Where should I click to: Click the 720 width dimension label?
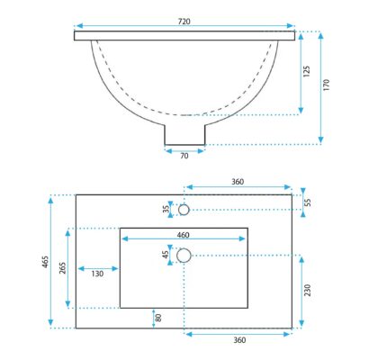pyautogui.click(x=184, y=22)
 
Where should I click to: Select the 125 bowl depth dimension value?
pyautogui.click(x=307, y=72)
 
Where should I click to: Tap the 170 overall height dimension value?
pyautogui.click(x=327, y=85)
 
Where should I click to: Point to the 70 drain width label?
pyautogui.click(x=184, y=156)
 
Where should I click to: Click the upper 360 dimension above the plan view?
pyautogui.click(x=238, y=182)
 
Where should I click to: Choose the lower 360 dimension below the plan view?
pyautogui.click(x=239, y=340)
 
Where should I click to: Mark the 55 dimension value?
pyautogui.click(x=308, y=202)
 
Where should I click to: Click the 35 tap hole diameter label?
pyautogui.click(x=166, y=209)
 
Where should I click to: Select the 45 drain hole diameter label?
pyautogui.click(x=166, y=255)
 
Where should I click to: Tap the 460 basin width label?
pyautogui.click(x=183, y=235)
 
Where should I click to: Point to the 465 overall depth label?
pyautogui.click(x=45, y=262)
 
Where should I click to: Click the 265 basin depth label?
pyautogui.click(x=62, y=268)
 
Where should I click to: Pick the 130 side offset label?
pyautogui.click(x=97, y=274)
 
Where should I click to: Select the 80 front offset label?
pyautogui.click(x=158, y=318)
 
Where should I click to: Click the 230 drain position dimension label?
pyautogui.click(x=308, y=290)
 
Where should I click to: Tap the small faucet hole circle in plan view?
pyautogui.click(x=184, y=210)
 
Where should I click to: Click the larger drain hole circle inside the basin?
pyautogui.click(x=184, y=256)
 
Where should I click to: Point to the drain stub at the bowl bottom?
pyautogui.click(x=184, y=134)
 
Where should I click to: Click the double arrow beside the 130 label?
pyautogui.click(x=98, y=269)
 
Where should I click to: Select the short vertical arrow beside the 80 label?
pyautogui.click(x=153, y=319)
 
